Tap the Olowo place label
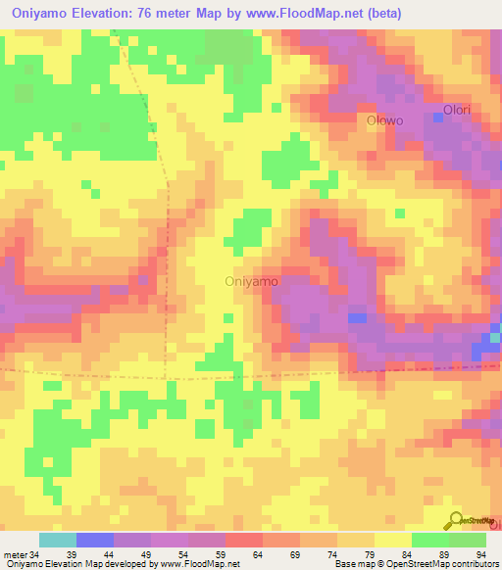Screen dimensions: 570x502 [x=384, y=120]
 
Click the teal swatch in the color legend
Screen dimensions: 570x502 [x=58, y=540]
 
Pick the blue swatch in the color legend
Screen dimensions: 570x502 [x=95, y=540]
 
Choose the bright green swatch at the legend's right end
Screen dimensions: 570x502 [x=468, y=540]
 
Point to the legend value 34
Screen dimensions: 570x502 [x=35, y=554]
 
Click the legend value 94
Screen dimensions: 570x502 [x=481, y=554]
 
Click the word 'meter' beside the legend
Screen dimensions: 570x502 [x=15, y=554]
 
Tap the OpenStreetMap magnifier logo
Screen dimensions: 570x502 [x=456, y=520]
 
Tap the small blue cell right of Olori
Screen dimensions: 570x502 [x=437, y=119]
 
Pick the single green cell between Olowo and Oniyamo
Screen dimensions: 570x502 [x=398, y=213]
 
